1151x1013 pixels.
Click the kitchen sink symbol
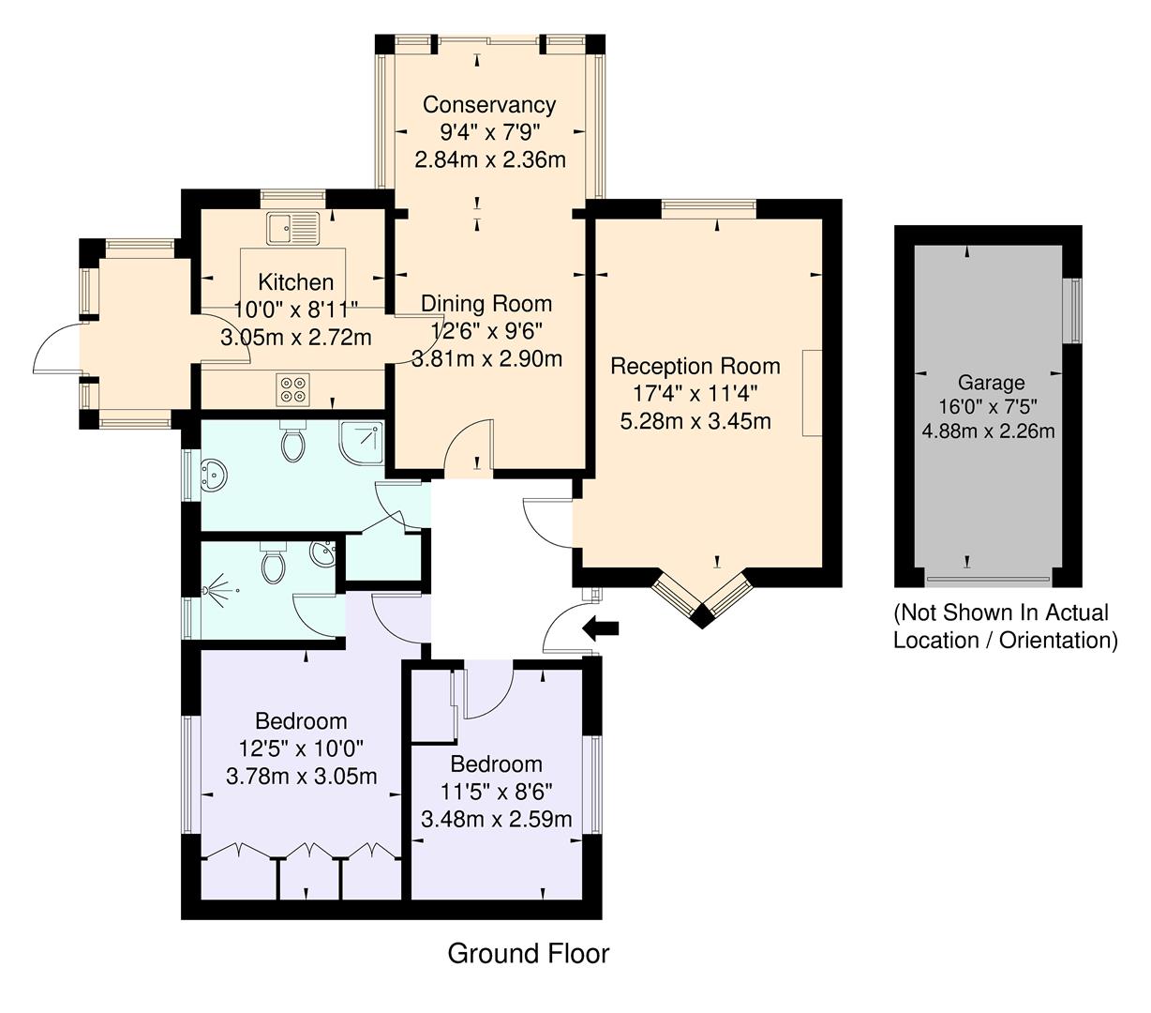pyautogui.click(x=292, y=227)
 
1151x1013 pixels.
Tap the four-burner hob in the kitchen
pyautogui.click(x=291, y=388)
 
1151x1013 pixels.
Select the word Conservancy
pyautogui.click(x=488, y=104)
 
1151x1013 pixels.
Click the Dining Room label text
pyautogui.click(x=486, y=304)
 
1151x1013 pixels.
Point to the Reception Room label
pyautogui.click(x=695, y=365)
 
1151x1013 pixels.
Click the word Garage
pyautogui.click(x=991, y=383)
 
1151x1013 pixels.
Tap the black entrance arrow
pyautogui.click(x=600, y=627)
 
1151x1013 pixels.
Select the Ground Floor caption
pyautogui.click(x=528, y=954)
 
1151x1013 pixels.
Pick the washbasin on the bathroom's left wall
pyautogui.click(x=214, y=476)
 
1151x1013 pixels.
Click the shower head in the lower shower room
pyautogui.click(x=217, y=591)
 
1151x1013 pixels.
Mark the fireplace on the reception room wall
pyautogui.click(x=812, y=392)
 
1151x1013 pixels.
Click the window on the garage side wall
pyautogui.click(x=1075, y=311)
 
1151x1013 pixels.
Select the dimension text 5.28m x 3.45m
pyautogui.click(x=695, y=421)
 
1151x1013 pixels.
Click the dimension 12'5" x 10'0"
pyautogui.click(x=301, y=748)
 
